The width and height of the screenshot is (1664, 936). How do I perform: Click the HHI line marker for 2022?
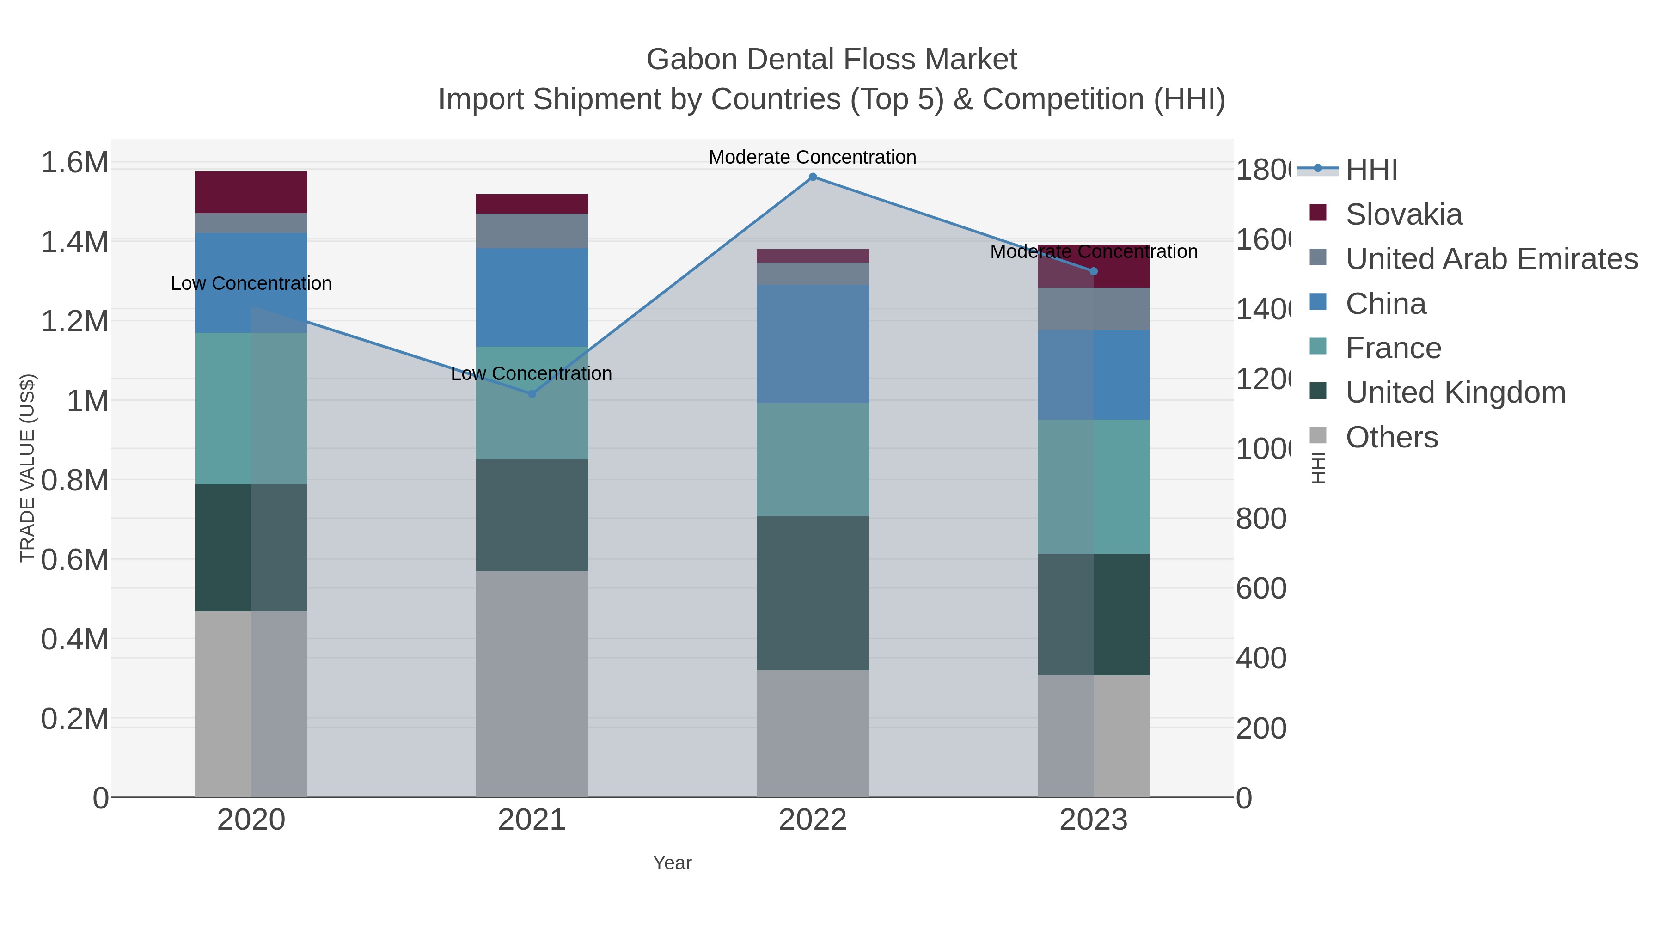click(x=813, y=177)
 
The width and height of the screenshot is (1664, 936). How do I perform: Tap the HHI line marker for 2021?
click(x=532, y=393)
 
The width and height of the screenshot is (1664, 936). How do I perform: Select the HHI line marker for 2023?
click(x=1093, y=271)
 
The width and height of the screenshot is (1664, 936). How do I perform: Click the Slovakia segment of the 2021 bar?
click(x=532, y=203)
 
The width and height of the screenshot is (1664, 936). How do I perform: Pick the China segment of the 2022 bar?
click(x=813, y=343)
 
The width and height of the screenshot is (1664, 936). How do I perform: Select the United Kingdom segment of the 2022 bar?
click(x=813, y=593)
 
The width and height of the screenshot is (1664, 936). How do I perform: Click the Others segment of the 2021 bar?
click(x=532, y=684)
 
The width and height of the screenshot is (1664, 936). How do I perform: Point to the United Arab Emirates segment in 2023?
click(x=1093, y=309)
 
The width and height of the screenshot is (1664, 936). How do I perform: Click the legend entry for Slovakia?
click(x=1403, y=214)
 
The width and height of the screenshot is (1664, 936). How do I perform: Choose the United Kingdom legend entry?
click(x=1455, y=393)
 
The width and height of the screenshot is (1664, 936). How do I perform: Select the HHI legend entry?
click(x=1371, y=170)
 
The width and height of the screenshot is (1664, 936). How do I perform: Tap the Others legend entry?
click(x=1391, y=437)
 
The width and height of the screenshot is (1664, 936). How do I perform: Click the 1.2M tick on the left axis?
click(x=74, y=321)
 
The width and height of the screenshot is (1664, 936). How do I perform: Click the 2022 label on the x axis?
click(x=813, y=820)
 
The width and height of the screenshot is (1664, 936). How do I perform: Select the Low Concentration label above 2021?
click(x=531, y=373)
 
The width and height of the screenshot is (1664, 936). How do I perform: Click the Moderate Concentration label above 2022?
click(x=812, y=157)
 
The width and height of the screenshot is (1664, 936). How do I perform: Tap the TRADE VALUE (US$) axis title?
click(x=27, y=468)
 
